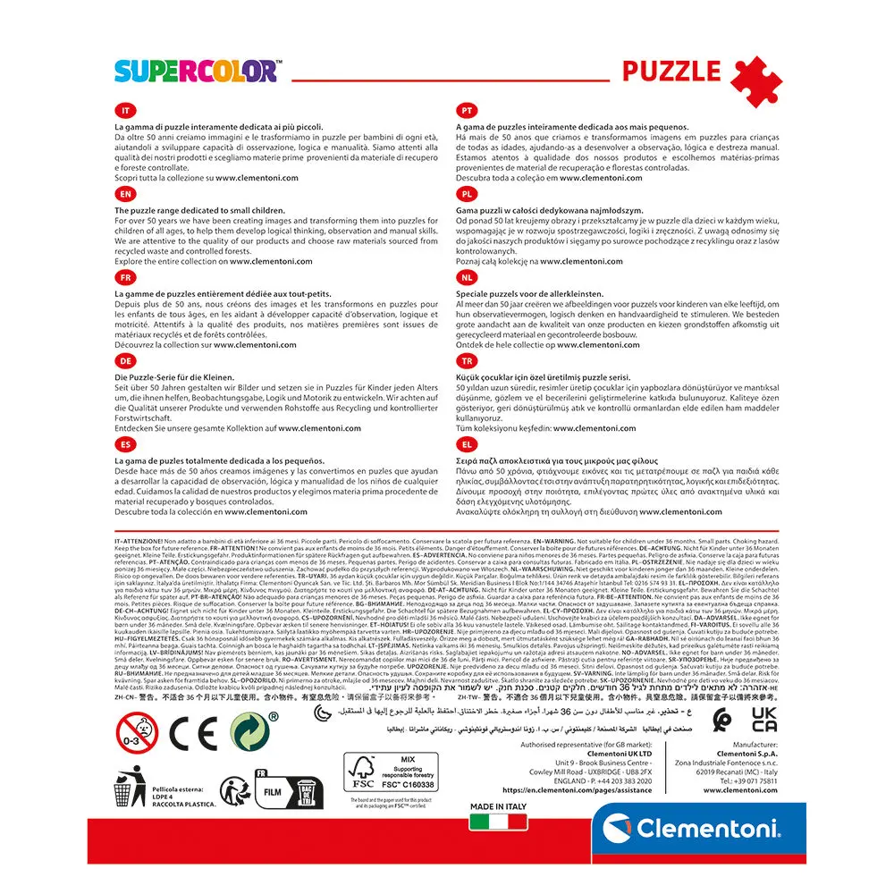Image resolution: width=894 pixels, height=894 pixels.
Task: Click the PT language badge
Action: (466, 111)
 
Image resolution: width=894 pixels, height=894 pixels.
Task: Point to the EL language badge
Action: (466, 443)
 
